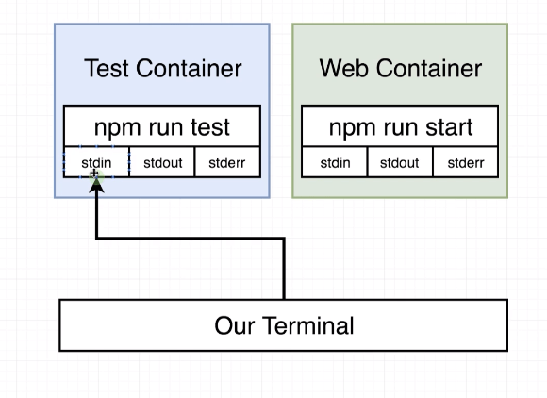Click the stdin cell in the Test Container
coord(96,162)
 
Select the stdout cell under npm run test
coord(162,162)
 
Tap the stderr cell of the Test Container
coord(227,162)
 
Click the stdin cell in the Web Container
coord(335,162)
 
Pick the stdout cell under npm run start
coord(400,162)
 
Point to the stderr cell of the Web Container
coord(466,162)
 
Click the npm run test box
coord(162,126)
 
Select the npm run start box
coord(400,126)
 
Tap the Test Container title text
coord(162,68)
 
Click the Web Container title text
coord(401,68)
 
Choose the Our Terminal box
coord(284,325)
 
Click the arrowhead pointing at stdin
coord(96,185)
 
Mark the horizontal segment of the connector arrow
coord(191,239)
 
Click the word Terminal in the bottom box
coord(308,325)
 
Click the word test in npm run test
coord(210,127)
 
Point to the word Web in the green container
coord(344,68)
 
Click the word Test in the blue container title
coord(107,68)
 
